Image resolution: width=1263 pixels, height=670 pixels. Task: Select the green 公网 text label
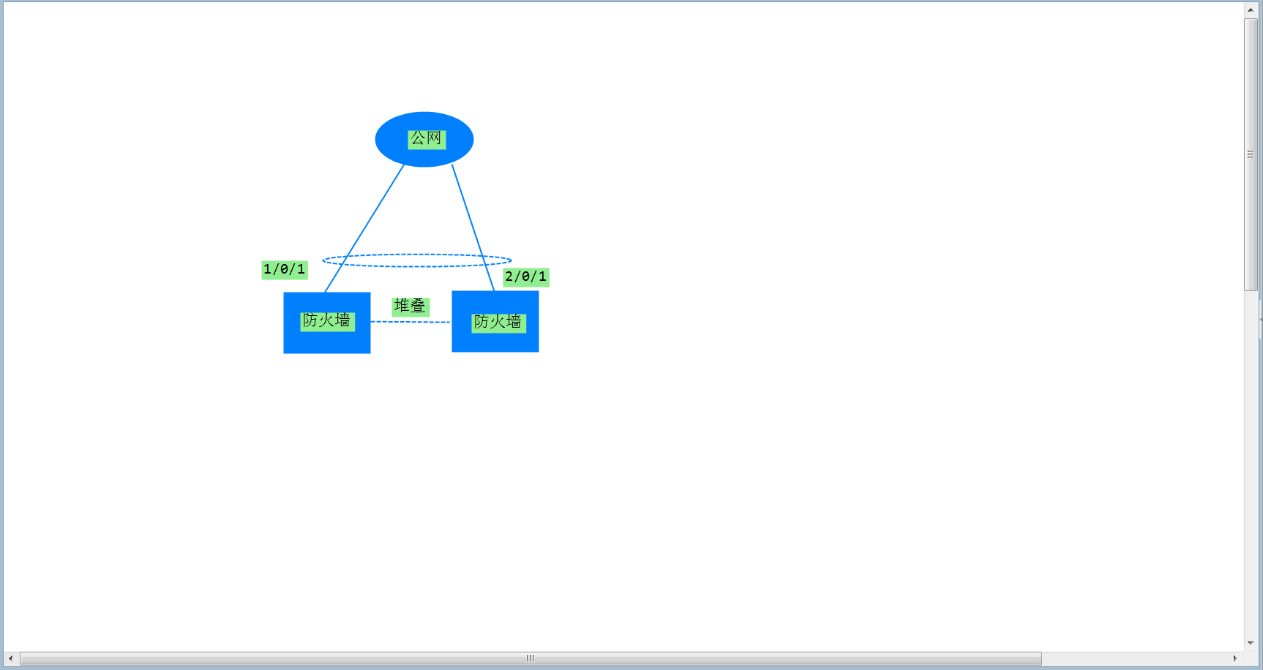[x=426, y=138]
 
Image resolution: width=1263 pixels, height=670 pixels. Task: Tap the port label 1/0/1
[x=284, y=269]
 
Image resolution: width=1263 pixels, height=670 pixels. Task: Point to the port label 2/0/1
[x=525, y=276]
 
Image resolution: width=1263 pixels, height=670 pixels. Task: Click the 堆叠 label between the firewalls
[x=410, y=306]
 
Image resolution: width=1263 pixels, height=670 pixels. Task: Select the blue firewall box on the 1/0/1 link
[x=326, y=341]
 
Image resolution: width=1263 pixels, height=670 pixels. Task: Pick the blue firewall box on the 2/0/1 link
[x=495, y=339]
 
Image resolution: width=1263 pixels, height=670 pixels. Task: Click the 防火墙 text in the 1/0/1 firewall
[x=327, y=320]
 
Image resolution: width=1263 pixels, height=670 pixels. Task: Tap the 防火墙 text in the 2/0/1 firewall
[x=498, y=322]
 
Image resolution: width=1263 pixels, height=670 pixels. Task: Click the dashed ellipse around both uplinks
[x=417, y=255]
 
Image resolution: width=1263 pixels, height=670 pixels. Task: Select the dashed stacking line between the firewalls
[x=410, y=322]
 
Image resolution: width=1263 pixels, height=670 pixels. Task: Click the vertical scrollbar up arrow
[x=1251, y=10]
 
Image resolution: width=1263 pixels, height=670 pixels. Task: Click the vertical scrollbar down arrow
[x=1251, y=643]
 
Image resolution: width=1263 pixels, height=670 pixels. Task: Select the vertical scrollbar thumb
[x=1251, y=154]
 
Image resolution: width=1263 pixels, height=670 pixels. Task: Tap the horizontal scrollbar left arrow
[x=10, y=658]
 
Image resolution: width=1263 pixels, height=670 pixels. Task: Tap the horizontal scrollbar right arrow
[x=1235, y=658]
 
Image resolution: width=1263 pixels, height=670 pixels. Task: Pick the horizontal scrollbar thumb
[x=530, y=658]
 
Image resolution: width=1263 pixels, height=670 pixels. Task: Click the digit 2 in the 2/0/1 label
[x=509, y=276]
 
